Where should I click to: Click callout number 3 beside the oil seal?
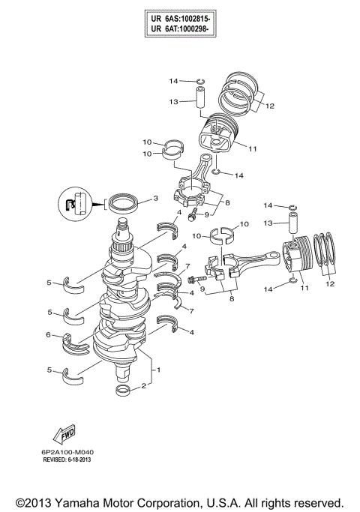(x=154, y=199)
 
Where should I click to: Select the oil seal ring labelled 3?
(x=123, y=202)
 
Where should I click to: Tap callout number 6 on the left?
(x=49, y=334)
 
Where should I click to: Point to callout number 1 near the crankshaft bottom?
(x=157, y=370)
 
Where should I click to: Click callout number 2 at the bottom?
(x=142, y=388)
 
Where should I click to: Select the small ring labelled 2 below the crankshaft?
(x=124, y=391)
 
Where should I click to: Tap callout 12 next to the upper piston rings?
(x=269, y=106)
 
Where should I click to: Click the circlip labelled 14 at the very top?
(x=200, y=81)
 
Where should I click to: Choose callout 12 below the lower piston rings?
(x=329, y=283)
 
